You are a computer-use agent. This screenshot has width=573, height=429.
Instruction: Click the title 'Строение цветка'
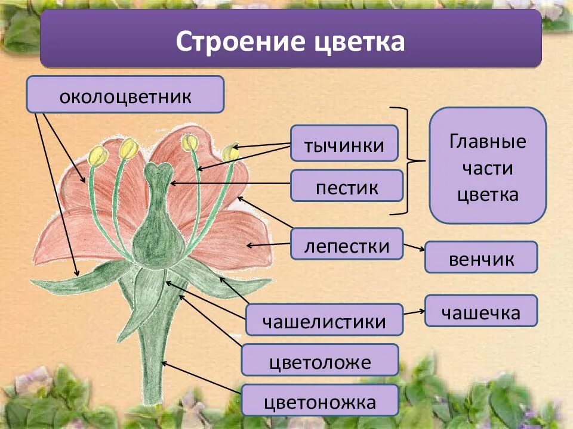[291, 42]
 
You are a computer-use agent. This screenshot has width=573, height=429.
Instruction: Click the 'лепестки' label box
[347, 244]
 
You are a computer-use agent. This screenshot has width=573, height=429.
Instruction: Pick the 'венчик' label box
[481, 257]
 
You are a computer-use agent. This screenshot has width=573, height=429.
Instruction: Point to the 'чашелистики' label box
[324, 320]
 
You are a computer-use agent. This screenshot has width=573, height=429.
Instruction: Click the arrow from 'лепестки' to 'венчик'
[414, 247]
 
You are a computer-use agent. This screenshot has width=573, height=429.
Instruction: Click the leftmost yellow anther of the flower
[98, 156]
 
